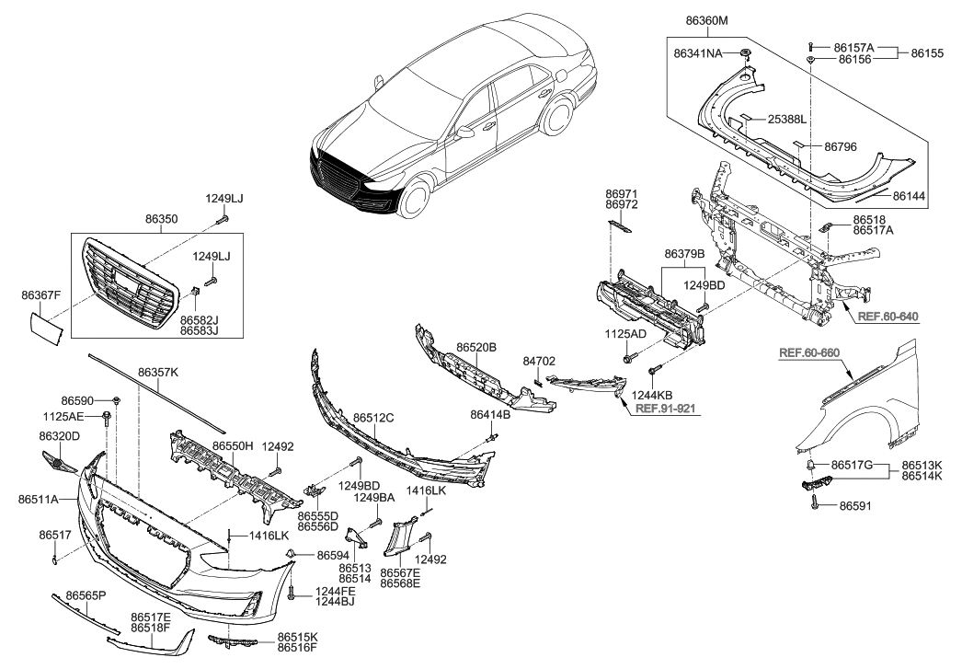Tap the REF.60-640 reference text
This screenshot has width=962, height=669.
[x=887, y=317]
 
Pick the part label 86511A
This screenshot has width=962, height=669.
[x=38, y=499]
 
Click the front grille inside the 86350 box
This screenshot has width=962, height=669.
[x=127, y=281]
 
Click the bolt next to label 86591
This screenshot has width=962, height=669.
[x=815, y=502]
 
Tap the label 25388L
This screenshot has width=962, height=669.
[x=786, y=120]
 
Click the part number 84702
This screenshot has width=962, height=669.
[x=539, y=361]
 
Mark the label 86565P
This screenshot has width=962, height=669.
[x=82, y=596]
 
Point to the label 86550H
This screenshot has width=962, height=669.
[x=233, y=445]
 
